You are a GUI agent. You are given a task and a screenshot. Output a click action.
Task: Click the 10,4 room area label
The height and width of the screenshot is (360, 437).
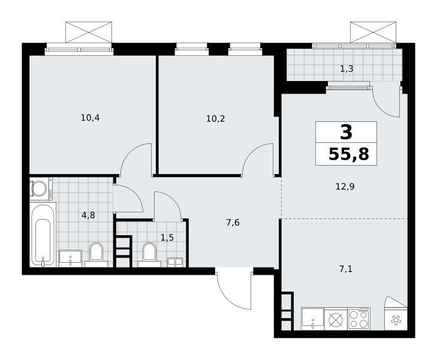(90, 118)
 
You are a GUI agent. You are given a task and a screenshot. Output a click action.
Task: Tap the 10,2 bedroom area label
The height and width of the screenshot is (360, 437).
(215, 119)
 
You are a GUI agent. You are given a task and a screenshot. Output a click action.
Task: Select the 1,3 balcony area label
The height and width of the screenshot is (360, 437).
(346, 68)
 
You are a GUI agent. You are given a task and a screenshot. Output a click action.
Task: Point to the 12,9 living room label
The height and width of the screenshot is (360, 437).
(345, 187)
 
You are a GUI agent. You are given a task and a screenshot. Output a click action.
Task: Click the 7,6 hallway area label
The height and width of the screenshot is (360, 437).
(233, 223)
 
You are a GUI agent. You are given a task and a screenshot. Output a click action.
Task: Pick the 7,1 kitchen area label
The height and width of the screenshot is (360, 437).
(346, 269)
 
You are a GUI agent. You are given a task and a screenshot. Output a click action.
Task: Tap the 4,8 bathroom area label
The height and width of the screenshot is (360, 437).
(88, 215)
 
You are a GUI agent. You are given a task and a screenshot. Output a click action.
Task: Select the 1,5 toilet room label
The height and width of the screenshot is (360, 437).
(167, 238)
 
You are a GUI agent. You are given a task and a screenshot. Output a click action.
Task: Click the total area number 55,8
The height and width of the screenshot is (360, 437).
(349, 154)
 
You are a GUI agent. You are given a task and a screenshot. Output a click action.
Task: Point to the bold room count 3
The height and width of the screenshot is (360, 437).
(346, 132)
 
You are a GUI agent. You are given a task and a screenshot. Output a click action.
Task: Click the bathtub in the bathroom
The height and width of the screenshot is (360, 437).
(43, 235)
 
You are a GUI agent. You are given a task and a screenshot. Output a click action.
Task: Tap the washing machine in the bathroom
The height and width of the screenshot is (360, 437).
(41, 188)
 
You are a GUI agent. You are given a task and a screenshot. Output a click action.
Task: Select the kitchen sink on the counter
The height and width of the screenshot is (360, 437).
(313, 319)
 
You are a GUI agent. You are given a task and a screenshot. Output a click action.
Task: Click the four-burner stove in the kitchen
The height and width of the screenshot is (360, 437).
(359, 319)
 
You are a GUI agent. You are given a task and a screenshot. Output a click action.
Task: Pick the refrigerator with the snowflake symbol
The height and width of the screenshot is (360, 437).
(396, 319)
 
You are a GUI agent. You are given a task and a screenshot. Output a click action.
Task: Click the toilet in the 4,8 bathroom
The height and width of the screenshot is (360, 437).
(96, 255)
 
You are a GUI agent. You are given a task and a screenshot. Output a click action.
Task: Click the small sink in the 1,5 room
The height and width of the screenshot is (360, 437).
(175, 262)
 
